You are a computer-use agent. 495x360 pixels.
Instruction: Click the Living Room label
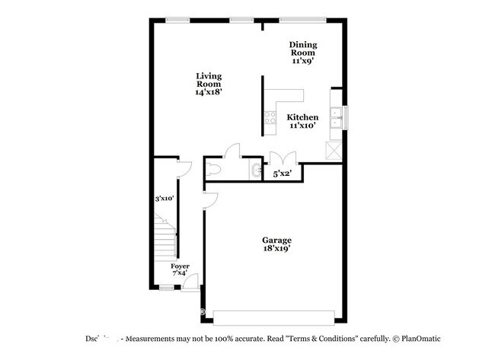point(208,83)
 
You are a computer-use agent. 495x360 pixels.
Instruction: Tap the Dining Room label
point(303,52)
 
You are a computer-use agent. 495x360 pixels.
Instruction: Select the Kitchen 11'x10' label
point(302,121)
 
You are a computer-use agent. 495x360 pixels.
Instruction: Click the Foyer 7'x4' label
point(180,270)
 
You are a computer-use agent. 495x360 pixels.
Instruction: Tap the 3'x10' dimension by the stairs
point(164,199)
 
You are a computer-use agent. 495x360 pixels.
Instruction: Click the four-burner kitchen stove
point(270,118)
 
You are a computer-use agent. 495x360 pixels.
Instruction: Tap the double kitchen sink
point(335,119)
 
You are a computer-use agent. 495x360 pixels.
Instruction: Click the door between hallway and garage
point(211,199)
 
